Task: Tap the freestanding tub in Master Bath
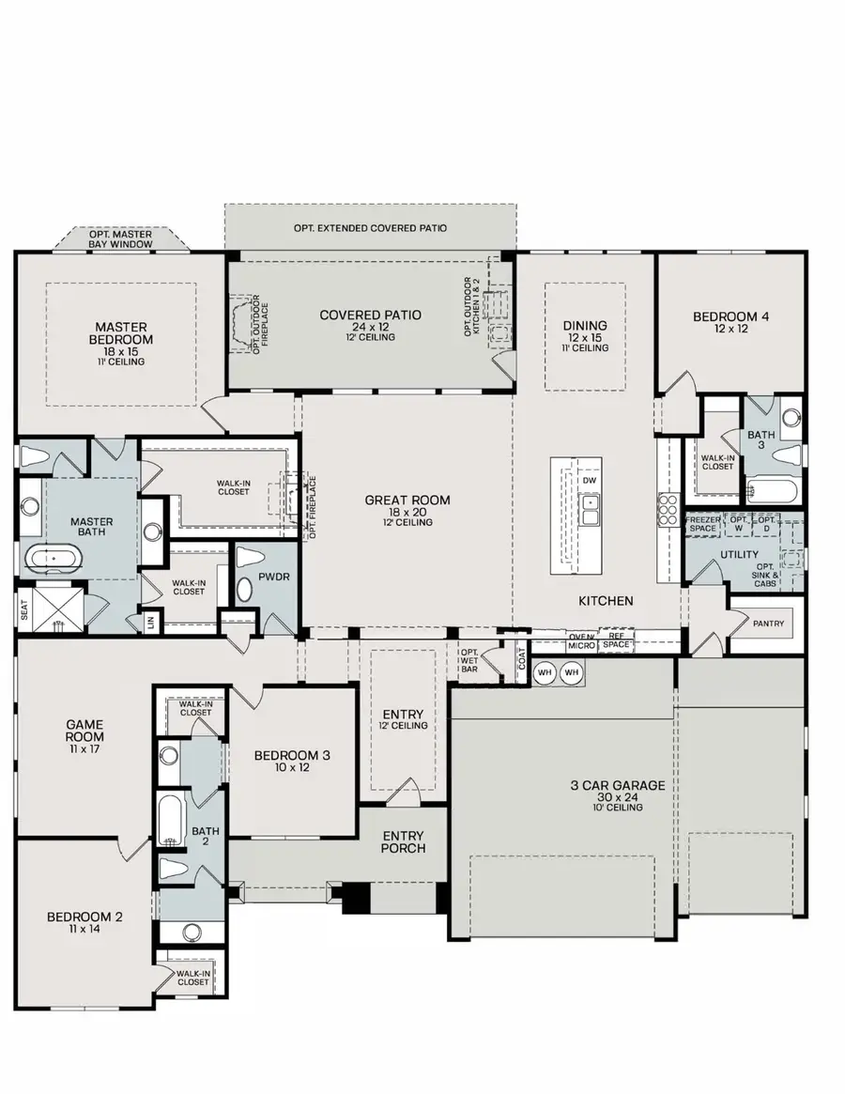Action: click(x=54, y=562)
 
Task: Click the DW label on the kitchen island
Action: click(x=590, y=481)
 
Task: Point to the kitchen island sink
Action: click(x=590, y=510)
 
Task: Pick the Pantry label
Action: click(x=767, y=624)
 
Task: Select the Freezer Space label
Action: click(x=703, y=524)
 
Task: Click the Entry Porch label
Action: click(x=404, y=841)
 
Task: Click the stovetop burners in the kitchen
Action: click(x=668, y=512)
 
